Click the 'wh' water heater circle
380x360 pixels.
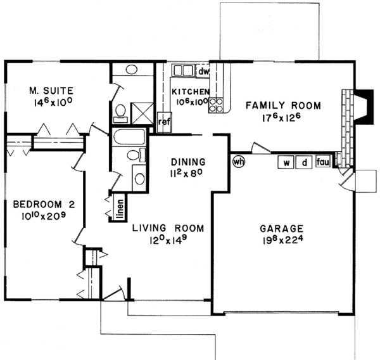coord(239,161)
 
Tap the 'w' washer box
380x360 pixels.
coord(286,163)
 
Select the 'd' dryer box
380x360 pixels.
coord(304,163)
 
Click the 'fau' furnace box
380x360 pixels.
coord(323,163)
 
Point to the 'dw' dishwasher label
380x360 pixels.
coord(203,71)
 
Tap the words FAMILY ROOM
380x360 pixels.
coord(283,105)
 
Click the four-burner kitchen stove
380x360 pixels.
coord(216,104)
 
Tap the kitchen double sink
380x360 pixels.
coord(183,71)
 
